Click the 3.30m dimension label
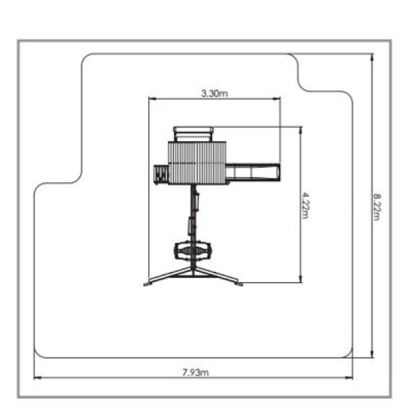point(214,93)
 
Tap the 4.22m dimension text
point(306,205)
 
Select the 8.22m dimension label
point(377,206)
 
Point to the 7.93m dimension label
point(195,372)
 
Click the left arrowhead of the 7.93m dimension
point(37,377)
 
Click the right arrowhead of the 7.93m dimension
point(349,377)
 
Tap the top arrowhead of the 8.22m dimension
point(372,57)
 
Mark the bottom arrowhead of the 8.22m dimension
point(372,354)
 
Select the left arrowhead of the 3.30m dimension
point(153,99)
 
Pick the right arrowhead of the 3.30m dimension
point(277,99)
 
